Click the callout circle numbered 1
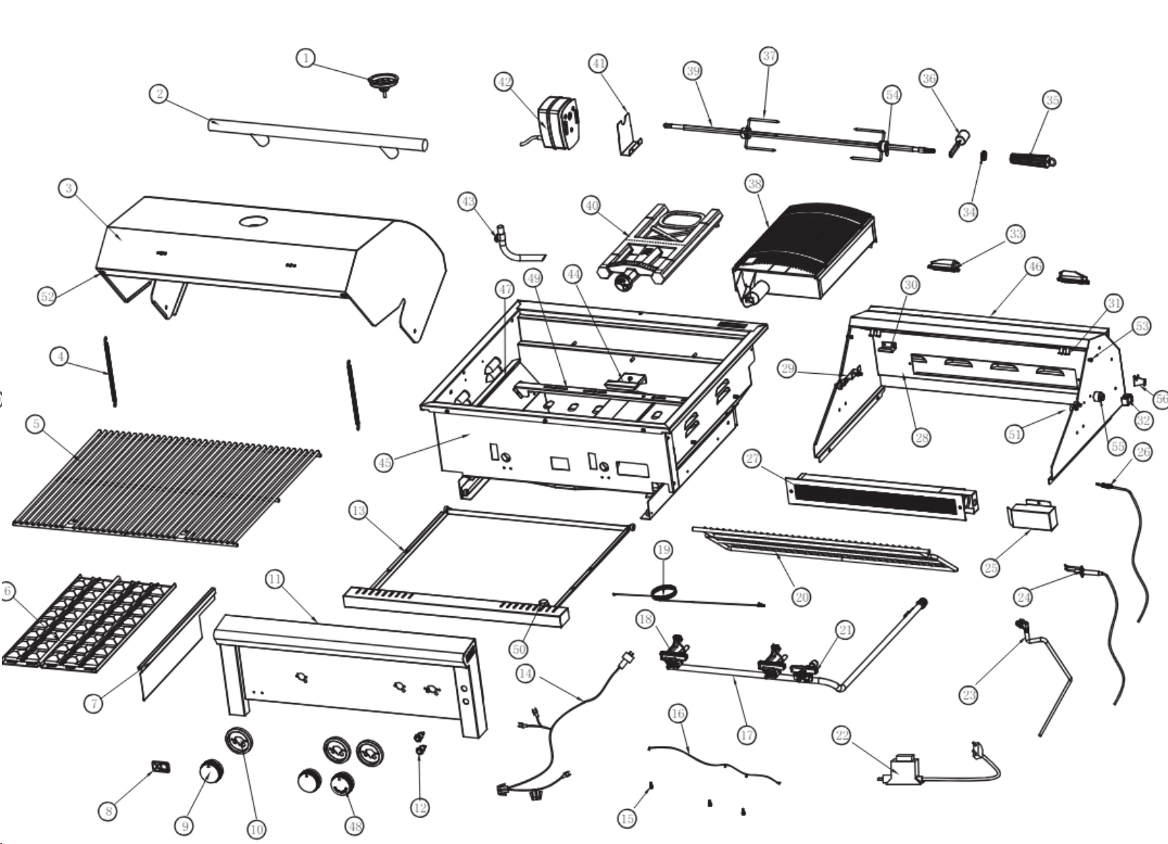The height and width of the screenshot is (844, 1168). (306, 58)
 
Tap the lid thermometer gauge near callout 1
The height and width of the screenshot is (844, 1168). (381, 81)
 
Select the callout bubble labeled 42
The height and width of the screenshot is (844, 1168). (504, 82)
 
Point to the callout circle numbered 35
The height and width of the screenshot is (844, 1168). (1053, 100)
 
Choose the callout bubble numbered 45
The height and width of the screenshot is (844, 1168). (384, 463)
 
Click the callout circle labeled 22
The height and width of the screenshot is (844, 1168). (842, 735)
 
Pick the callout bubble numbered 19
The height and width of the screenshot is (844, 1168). (664, 550)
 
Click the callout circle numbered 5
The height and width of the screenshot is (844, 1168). (36, 424)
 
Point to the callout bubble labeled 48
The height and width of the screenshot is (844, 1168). (355, 825)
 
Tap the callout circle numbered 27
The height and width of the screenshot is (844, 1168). (752, 459)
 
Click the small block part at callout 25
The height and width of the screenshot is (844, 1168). (1032, 515)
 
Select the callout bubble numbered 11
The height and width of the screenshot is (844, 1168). (275, 579)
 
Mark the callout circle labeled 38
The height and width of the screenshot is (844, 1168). (755, 183)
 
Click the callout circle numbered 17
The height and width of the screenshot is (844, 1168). (746, 735)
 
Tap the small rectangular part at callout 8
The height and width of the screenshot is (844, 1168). (161, 766)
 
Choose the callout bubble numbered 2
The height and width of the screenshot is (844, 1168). (160, 93)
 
